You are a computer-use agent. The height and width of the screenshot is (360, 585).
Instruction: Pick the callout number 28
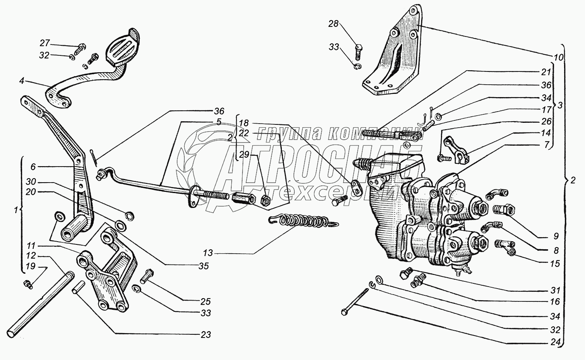333,24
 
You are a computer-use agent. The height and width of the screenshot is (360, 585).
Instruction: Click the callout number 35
204,266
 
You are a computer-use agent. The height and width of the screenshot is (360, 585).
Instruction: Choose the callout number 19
31,266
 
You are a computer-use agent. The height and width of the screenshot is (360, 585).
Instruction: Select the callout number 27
45,43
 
